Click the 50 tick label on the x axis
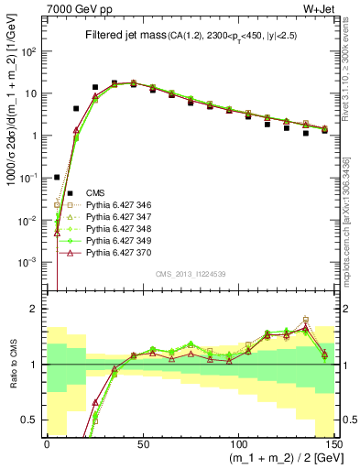click(x=143, y=444)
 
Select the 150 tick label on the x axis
click(x=333, y=444)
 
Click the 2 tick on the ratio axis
click(x=39, y=309)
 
